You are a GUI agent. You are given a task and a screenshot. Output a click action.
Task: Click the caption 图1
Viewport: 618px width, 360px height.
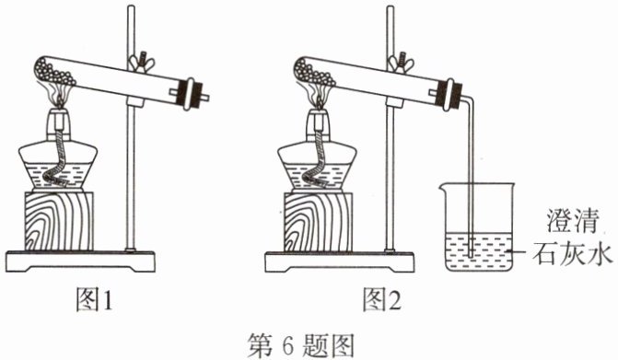[x=94, y=300]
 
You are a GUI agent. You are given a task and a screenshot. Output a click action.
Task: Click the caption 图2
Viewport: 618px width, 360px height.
[x=381, y=300]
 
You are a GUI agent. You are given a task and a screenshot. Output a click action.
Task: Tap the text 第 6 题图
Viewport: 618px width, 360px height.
[x=301, y=345]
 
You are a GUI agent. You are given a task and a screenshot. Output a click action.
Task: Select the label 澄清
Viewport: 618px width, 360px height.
[x=572, y=221]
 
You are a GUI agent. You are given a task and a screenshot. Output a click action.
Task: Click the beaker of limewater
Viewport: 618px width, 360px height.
[x=478, y=226]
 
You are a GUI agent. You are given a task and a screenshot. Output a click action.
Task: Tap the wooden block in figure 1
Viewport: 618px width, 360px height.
[x=59, y=221]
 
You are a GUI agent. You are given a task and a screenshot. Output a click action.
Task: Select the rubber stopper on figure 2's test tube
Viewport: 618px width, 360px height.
[x=449, y=95]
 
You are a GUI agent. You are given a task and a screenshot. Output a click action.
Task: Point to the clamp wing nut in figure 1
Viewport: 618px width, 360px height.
[x=140, y=61]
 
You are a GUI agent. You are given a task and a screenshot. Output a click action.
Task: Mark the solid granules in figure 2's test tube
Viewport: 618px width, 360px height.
[x=313, y=73]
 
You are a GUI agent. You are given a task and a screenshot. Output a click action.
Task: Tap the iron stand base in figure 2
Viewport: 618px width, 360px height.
[x=340, y=261]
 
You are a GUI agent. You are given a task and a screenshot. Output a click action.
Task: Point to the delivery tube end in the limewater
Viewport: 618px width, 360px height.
[x=472, y=255]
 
